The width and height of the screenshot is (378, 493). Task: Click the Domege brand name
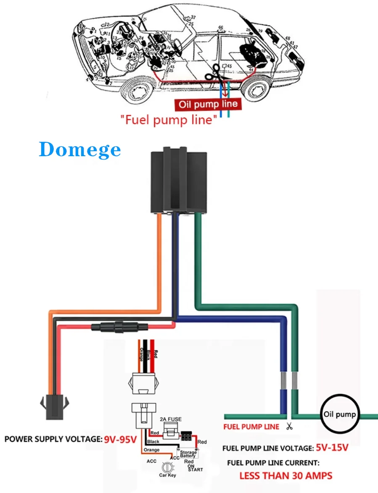point(80,150)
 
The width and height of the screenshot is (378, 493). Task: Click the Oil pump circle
point(340,414)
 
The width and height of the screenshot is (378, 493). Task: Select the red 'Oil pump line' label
point(209,104)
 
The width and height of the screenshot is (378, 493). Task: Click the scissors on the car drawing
point(216,75)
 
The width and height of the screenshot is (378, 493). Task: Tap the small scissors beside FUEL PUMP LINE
point(289,427)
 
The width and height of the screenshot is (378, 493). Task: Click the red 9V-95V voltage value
point(121,440)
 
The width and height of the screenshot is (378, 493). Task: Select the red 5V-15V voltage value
point(332,448)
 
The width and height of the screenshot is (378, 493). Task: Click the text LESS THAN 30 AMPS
point(286,476)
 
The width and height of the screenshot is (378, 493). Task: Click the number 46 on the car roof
point(220,28)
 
